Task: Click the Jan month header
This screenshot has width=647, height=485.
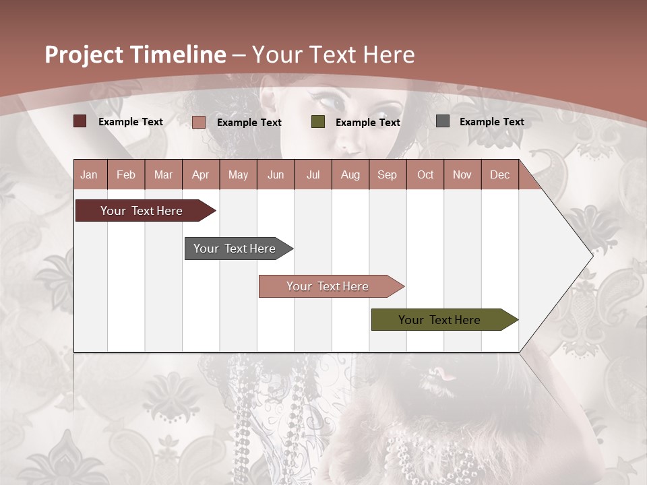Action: tap(89, 174)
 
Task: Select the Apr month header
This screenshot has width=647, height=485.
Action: tap(200, 174)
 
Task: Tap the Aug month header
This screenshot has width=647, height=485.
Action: tap(350, 174)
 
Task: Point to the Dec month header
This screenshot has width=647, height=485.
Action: tap(499, 174)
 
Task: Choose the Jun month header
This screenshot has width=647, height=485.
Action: tap(275, 174)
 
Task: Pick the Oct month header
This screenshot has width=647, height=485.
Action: tap(425, 174)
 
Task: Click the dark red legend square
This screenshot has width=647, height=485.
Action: tap(80, 121)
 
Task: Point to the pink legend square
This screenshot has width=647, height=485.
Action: tap(198, 122)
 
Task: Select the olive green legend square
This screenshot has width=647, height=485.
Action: tap(317, 122)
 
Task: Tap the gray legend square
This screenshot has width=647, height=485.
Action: tap(442, 121)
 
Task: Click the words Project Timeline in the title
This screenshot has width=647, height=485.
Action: tap(135, 55)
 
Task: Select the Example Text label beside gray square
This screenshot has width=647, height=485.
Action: tap(491, 122)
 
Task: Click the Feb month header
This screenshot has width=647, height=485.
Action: tap(126, 174)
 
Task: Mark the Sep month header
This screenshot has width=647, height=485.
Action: tap(387, 174)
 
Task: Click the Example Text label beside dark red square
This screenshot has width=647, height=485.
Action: tap(131, 122)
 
